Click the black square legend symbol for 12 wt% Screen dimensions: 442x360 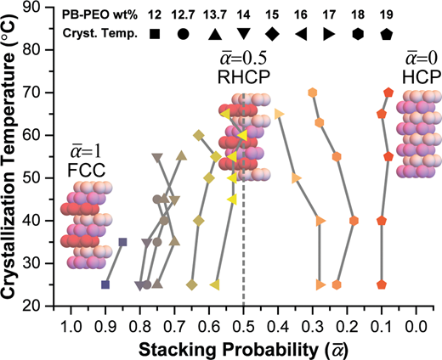point(155,34)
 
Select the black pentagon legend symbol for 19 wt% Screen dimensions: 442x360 point(387,34)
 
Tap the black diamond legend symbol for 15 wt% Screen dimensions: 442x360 point(272,34)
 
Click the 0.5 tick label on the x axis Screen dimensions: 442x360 point(243,327)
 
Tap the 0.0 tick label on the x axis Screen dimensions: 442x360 point(416,327)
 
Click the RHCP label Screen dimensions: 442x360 point(244,76)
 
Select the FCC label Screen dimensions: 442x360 point(87,170)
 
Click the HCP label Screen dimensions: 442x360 point(422,76)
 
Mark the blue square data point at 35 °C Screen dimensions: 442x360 point(122,242)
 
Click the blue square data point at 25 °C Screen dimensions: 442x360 point(105,284)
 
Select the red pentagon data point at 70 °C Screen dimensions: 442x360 point(388,93)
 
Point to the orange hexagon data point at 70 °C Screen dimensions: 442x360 point(313,93)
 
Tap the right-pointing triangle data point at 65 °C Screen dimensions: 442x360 point(280,114)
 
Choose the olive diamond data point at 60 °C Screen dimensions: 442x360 point(199,135)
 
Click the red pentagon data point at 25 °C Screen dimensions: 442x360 point(382,284)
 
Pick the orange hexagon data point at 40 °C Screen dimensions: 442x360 point(354,221)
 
